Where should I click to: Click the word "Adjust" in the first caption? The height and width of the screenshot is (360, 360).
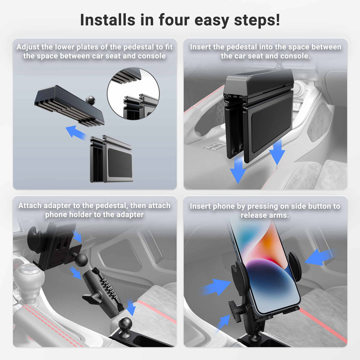pos(29,47)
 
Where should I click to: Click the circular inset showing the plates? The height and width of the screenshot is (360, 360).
pos(133,93)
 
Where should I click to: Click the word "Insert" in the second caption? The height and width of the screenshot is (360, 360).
pos(202,47)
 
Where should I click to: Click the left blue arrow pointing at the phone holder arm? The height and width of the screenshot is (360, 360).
pos(215,287)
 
